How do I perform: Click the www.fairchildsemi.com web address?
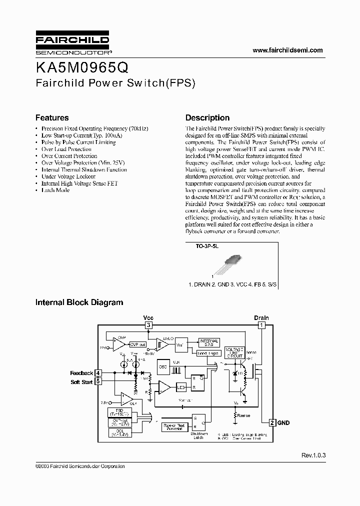(x=288, y=50)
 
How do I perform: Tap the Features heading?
(x=52, y=118)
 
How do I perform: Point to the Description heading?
(x=207, y=118)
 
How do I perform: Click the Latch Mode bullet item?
(x=55, y=190)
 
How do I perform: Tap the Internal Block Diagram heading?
(x=79, y=302)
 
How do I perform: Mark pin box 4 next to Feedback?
(x=98, y=373)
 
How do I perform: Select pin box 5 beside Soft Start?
(x=98, y=381)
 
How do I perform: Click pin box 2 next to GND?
(x=273, y=422)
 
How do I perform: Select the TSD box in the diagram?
(x=119, y=412)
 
